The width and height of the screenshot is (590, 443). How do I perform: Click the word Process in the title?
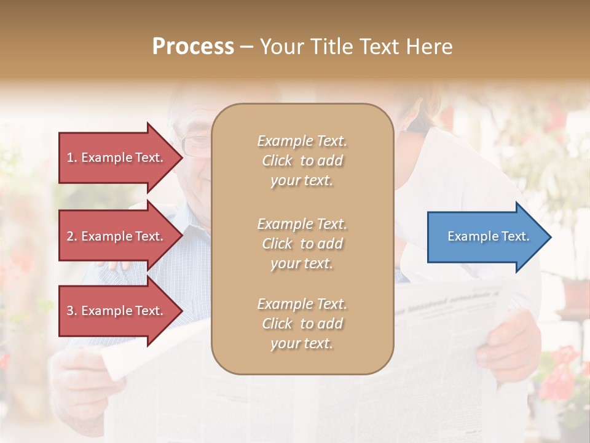193,47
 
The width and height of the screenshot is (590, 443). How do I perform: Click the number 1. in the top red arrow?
71,158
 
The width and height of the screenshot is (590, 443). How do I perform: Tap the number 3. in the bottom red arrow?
71,311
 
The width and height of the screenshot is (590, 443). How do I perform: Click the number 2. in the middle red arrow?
71,236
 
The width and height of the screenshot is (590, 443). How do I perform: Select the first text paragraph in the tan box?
302,161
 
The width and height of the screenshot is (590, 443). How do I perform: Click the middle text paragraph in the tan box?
302,244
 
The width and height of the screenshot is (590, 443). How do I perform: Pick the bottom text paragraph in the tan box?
302,324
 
